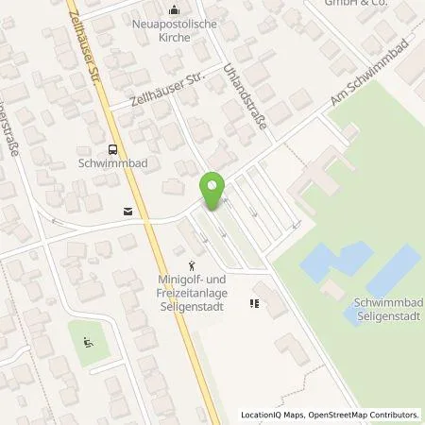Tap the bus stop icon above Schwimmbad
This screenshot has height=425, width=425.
pos(112,148)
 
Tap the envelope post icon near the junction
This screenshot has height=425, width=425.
pos(127,212)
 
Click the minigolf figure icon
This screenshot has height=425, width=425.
pos(192,265)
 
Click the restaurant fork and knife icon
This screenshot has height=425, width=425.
pos(253,303)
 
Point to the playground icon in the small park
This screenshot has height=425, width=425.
pos(89,342)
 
